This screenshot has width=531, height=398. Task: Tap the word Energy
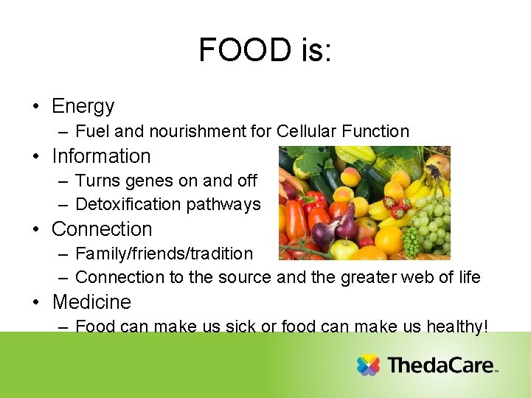point(83,106)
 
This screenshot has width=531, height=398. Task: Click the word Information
point(101,156)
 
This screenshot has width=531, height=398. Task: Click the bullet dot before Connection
point(36,229)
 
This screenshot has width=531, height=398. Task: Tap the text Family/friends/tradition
point(164,254)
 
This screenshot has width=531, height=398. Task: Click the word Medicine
point(91,302)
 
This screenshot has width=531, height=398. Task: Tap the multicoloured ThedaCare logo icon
point(368,365)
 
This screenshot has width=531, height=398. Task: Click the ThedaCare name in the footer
point(440,365)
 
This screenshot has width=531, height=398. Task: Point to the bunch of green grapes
point(428,225)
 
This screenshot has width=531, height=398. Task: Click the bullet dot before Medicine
point(36,302)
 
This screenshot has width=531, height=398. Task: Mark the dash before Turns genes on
point(63,181)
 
